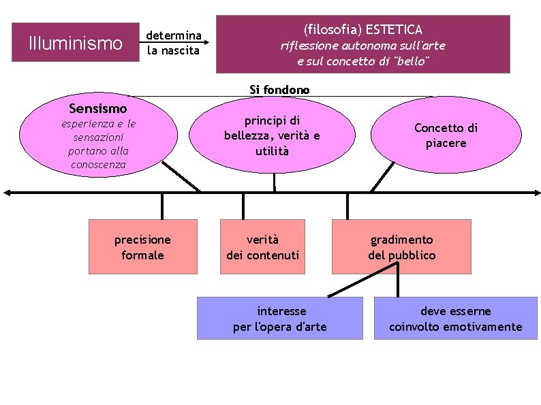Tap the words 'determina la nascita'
point(174,42)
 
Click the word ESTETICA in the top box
point(394,29)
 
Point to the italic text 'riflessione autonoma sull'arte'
point(363,46)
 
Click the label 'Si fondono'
point(279,89)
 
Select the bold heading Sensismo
point(98,108)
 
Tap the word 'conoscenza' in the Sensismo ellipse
point(98,165)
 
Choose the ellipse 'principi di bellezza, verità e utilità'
point(272,136)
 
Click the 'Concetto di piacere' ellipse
point(446,136)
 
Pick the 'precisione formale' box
point(142,246)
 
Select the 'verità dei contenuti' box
point(262,246)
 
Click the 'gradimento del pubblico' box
point(401,246)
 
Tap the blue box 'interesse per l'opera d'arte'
point(279,318)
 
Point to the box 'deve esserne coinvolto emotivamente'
point(455,318)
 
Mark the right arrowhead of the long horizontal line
point(536,193)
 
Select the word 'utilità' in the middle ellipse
point(272,150)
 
